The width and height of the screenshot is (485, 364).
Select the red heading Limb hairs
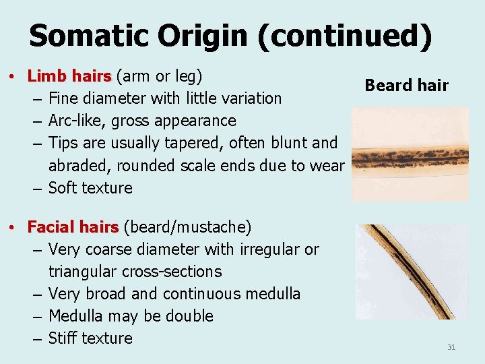pyautogui.click(x=71, y=75)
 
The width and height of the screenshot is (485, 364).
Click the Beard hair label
pyautogui.click(x=406, y=85)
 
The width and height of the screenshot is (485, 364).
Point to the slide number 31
pyautogui.click(x=451, y=347)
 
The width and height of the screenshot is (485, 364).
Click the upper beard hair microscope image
pyautogui.click(x=410, y=154)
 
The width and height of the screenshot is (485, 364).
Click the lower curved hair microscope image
pyautogui.click(x=411, y=272)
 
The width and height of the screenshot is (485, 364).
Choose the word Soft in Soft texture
pyautogui.click(x=63, y=187)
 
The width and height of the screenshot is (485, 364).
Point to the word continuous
pyautogui.click(x=197, y=294)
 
